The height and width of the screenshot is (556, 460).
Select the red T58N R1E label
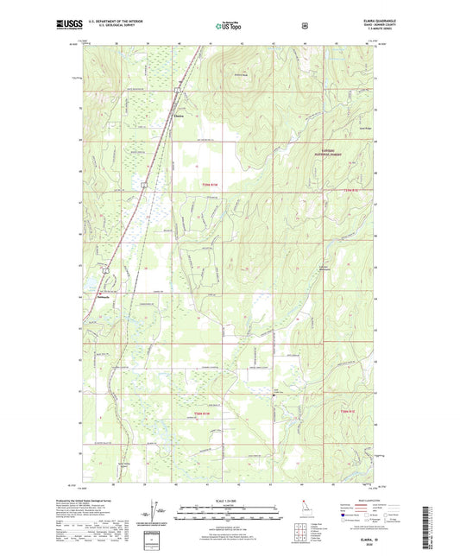(x=348, y=415)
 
